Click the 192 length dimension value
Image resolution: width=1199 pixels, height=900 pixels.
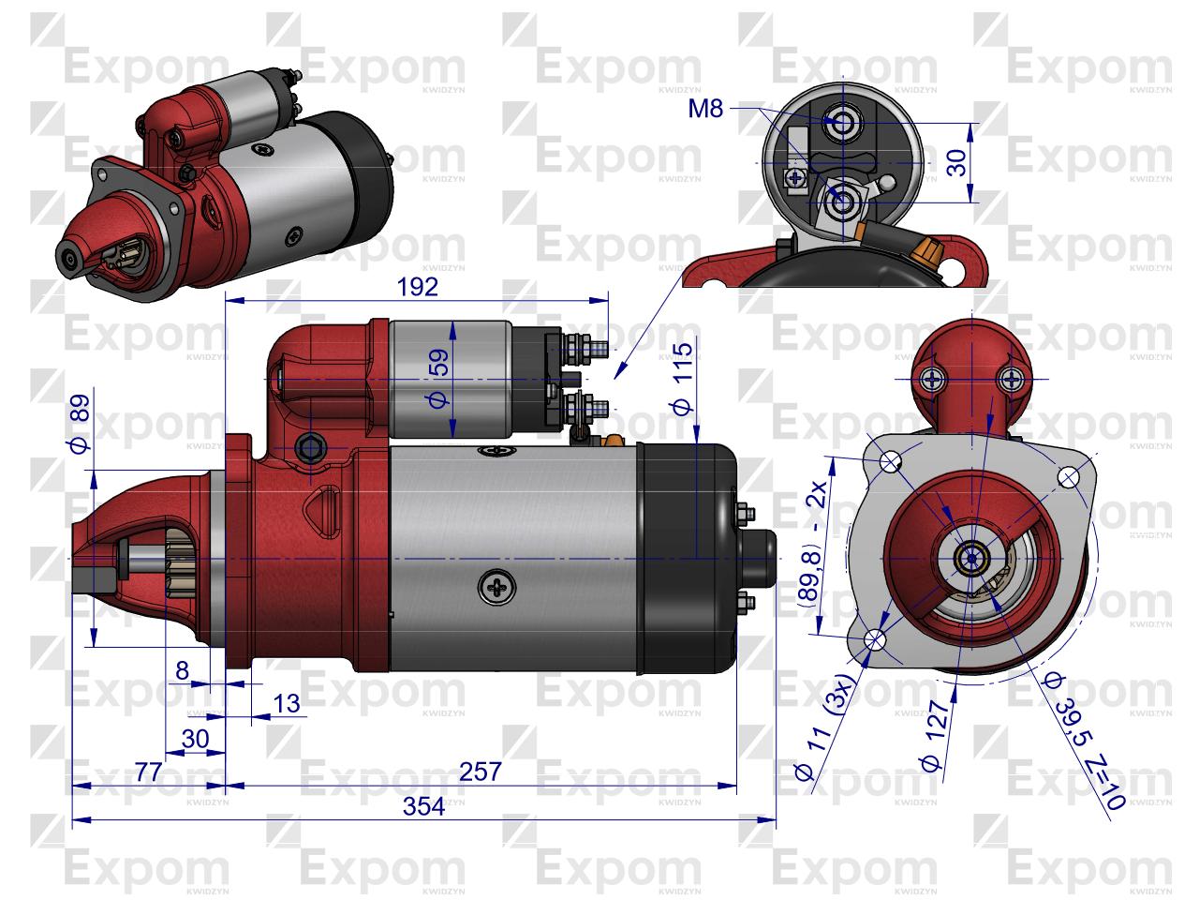click(x=417, y=287)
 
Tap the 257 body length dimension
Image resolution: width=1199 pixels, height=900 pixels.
click(x=481, y=772)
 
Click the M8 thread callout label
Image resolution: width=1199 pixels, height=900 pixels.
click(x=705, y=110)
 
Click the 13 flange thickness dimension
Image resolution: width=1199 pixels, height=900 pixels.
click(x=289, y=703)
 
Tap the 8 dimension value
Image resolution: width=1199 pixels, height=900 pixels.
click(x=182, y=669)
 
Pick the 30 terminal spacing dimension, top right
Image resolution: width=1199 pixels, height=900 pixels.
click(x=955, y=161)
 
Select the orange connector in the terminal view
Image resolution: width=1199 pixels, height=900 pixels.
click(x=932, y=251)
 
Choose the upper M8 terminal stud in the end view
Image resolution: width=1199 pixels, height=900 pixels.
click(x=840, y=122)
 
